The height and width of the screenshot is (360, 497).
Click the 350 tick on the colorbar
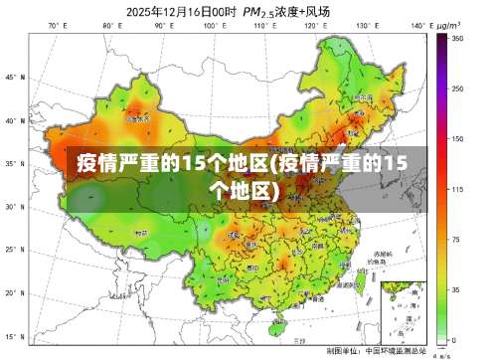[456, 38]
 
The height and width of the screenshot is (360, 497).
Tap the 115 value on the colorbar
[456, 189]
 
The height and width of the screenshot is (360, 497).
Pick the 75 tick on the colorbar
[456, 240]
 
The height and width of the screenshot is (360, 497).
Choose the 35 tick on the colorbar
[456, 289]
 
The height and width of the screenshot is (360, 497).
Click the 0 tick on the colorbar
[454, 340]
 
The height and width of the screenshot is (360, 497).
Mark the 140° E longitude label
[414, 25]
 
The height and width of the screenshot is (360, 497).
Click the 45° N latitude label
[12, 77]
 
